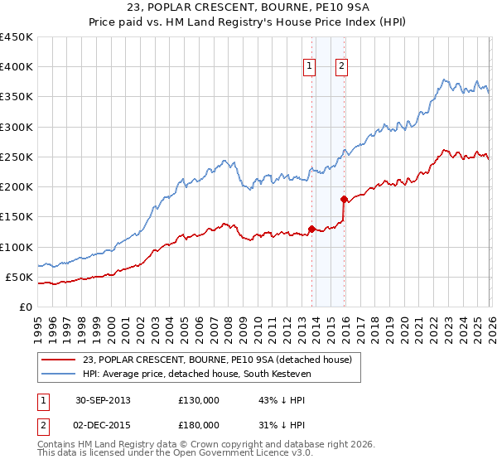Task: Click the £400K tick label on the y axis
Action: coord(17,67)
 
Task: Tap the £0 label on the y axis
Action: coord(27,307)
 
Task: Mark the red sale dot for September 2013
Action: coord(311,229)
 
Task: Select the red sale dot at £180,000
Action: coord(344,199)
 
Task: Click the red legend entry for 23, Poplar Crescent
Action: coord(218,360)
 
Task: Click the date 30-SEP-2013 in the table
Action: coord(103,400)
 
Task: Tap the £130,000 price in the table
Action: coord(199,400)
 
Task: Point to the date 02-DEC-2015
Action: coord(103,425)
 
